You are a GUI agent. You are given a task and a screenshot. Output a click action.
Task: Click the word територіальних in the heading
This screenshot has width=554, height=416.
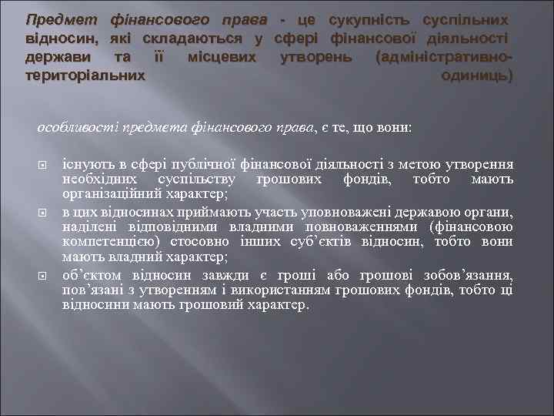pos(85,76)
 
